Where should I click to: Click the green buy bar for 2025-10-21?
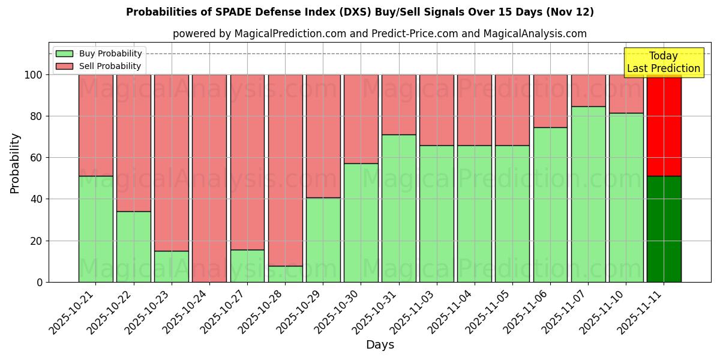[x=95, y=229]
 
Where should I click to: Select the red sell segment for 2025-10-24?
[x=209, y=178]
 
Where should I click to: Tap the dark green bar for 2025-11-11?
[x=664, y=229]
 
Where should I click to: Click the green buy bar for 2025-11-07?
[x=588, y=194]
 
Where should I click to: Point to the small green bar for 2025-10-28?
[x=285, y=274]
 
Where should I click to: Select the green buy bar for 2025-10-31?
[x=398, y=208]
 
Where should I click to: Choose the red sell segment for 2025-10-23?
[x=172, y=163]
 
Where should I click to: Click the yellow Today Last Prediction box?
[x=663, y=62]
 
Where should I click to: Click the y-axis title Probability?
[x=15, y=163]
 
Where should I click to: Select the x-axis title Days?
[x=380, y=345]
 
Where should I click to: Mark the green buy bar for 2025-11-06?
[x=550, y=205]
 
